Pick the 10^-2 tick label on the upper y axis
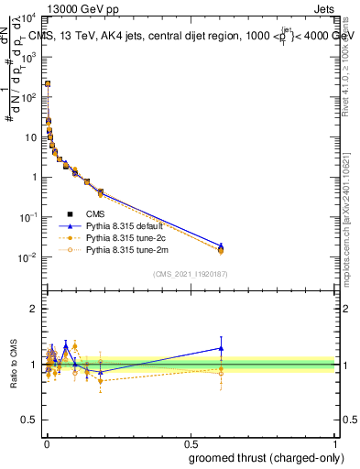(x=27, y=257)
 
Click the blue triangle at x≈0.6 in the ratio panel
(x=221, y=348)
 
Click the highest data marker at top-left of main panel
(x=48, y=83)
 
